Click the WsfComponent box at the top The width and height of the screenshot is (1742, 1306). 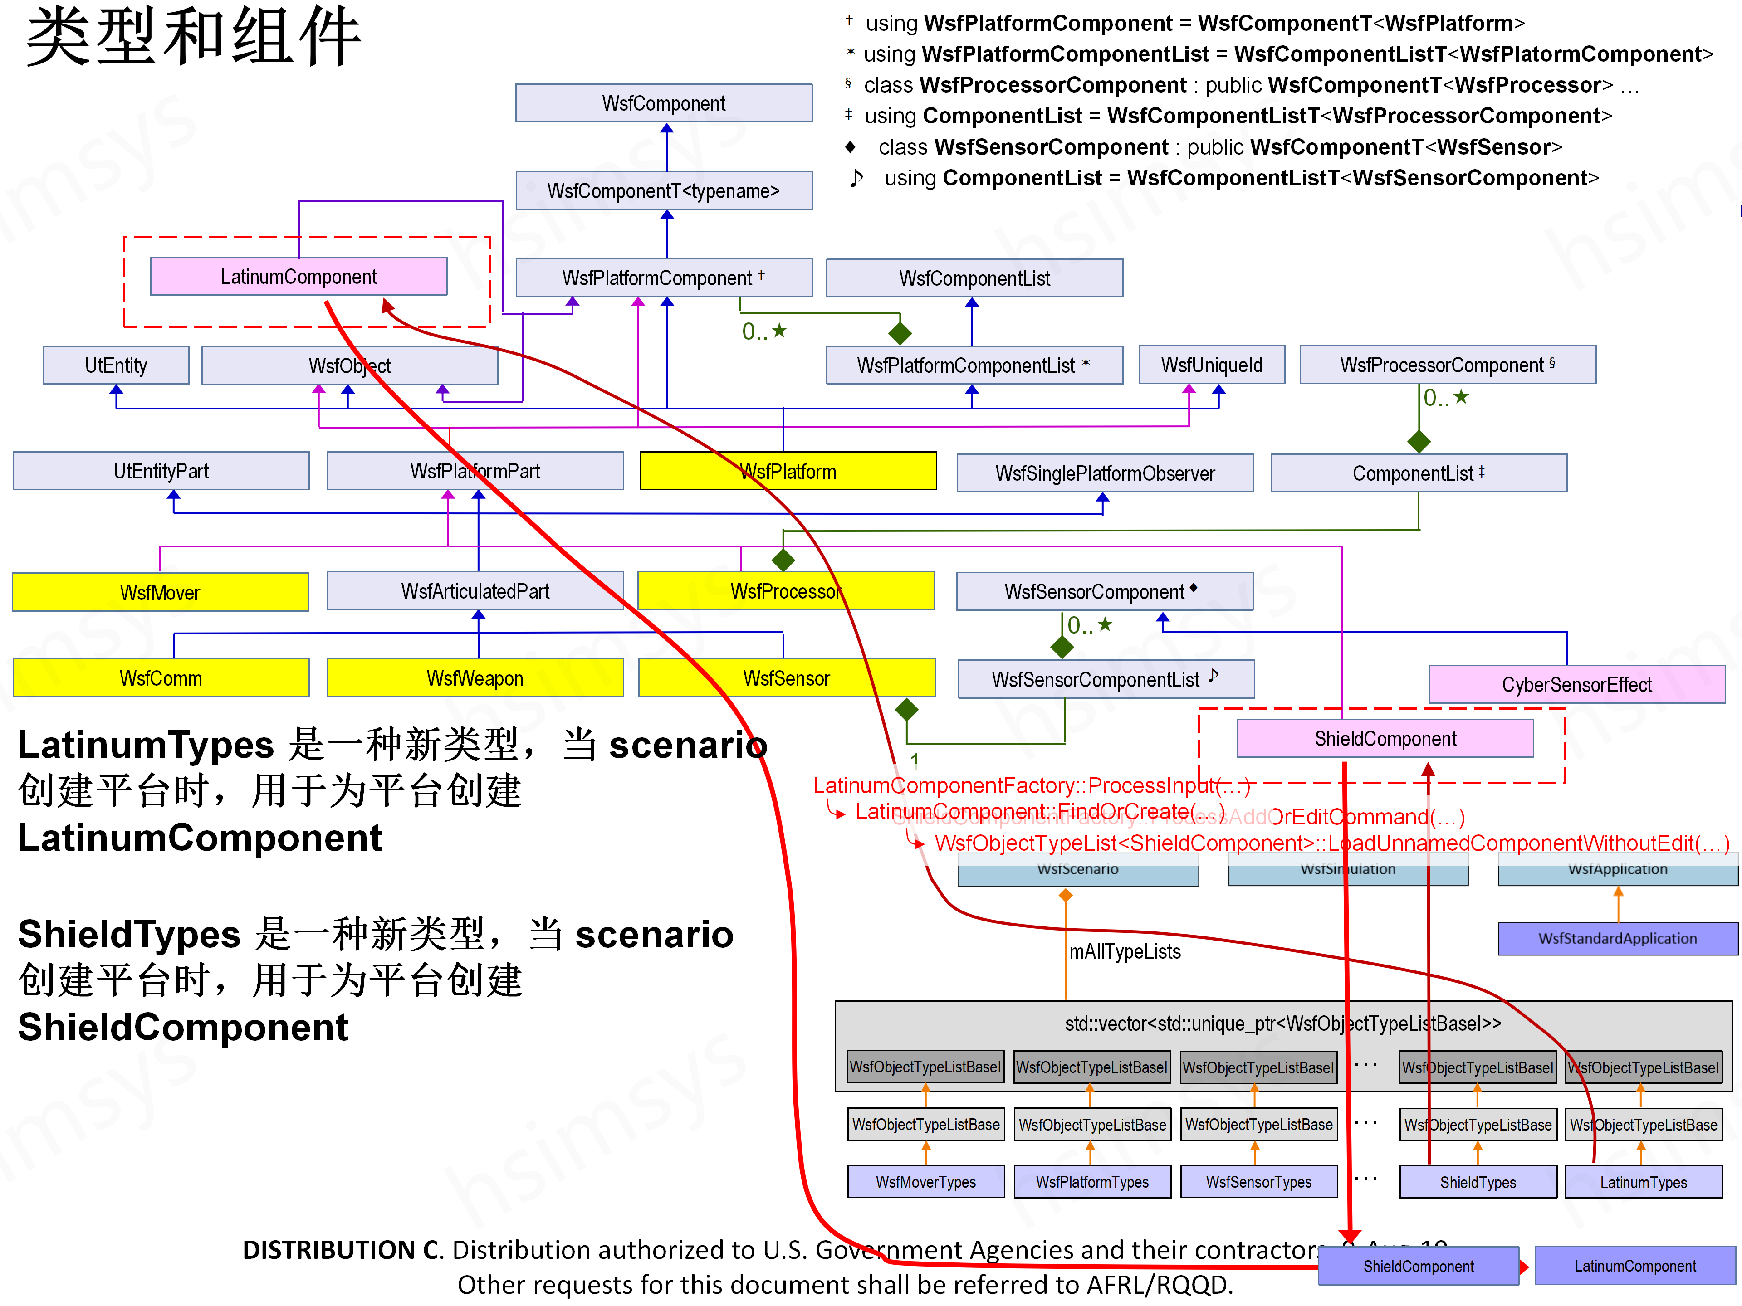[664, 103]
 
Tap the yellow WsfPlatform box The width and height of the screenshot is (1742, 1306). [788, 471]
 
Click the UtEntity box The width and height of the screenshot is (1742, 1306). [116, 365]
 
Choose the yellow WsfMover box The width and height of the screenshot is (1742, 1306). [160, 592]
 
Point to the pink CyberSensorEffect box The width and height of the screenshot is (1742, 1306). [1576, 684]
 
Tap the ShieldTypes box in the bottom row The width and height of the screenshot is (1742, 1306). [1478, 1182]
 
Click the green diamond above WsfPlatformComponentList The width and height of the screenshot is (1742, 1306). [900, 333]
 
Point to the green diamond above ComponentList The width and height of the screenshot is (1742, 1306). [1419, 442]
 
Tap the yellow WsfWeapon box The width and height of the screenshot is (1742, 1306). [475, 678]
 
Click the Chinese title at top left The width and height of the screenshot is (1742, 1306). [193, 37]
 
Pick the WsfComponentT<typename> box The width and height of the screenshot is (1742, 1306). [664, 190]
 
